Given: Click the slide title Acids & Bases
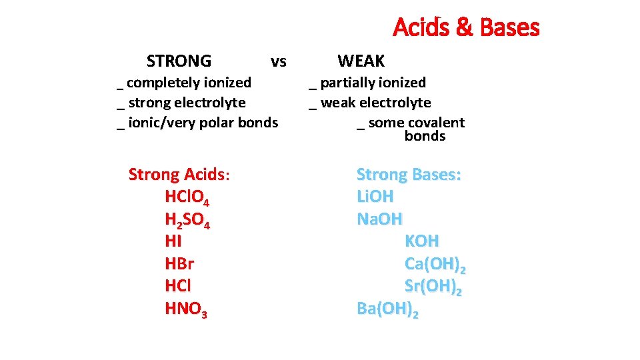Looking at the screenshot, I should tap(466, 28).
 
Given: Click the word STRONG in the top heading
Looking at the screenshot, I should tap(179, 61).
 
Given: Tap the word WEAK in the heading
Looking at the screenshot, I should tap(361, 61).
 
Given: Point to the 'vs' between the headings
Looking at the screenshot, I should tap(279, 62).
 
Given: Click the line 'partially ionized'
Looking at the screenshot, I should tap(372, 83).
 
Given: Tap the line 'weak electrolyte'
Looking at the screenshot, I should tap(375, 103).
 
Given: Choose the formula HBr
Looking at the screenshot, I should tap(179, 264).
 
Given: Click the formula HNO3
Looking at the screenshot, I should tap(186, 309).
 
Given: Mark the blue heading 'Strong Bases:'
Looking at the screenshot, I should tap(409, 175).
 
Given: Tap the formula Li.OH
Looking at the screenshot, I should tap(375, 197).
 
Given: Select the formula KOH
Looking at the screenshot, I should tap(422, 241).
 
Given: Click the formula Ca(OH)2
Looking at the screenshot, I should tap(435, 265).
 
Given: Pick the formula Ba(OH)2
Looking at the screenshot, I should tap(387, 309).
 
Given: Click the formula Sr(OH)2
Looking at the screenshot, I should tap(433, 287).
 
